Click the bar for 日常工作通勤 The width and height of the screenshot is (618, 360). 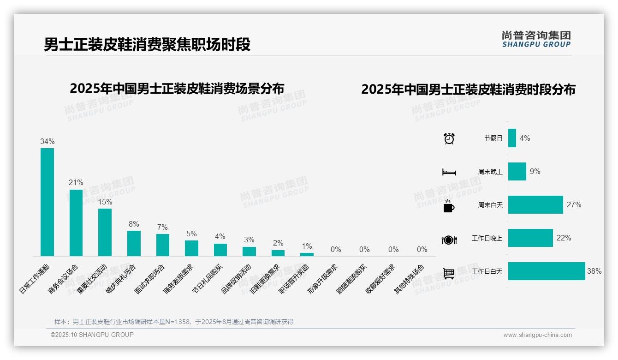(x=47, y=202)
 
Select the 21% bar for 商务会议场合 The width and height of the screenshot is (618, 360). (x=76, y=222)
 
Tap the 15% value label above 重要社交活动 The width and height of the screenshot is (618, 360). (x=105, y=202)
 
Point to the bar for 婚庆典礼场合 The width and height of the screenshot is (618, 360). (x=134, y=243)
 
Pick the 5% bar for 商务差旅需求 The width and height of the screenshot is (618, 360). (x=191, y=248)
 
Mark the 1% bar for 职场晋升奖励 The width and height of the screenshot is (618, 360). (x=307, y=254)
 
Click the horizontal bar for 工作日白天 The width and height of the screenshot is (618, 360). (x=547, y=271)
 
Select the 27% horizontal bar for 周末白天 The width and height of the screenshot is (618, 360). (x=535, y=204)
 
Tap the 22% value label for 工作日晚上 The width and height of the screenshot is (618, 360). (x=564, y=238)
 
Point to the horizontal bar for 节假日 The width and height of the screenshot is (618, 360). (x=512, y=138)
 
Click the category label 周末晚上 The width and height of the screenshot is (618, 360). (x=490, y=172)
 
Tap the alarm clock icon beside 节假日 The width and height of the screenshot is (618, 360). (x=449, y=138)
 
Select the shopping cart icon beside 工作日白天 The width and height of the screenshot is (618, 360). (x=449, y=273)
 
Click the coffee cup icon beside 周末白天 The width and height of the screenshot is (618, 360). (x=448, y=206)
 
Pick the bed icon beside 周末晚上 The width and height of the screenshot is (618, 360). (x=449, y=172)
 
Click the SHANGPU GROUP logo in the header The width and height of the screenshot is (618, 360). (x=536, y=39)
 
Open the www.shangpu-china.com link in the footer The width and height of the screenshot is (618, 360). (x=537, y=335)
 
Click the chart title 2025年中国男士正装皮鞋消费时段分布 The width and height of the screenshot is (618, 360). (x=468, y=90)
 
